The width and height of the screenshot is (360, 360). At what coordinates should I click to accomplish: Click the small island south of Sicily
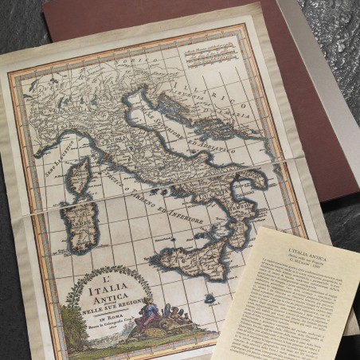click(209, 299)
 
